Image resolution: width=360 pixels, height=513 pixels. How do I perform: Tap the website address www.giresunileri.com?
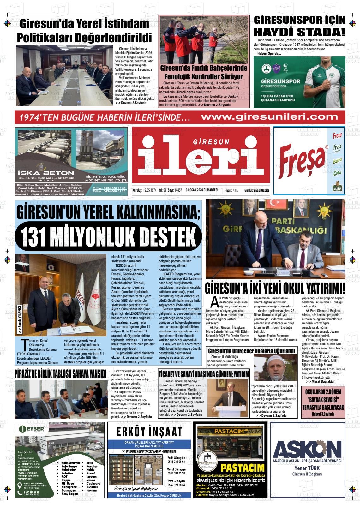(269, 117)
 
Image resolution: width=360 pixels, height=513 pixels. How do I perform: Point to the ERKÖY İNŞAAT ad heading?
(149, 432)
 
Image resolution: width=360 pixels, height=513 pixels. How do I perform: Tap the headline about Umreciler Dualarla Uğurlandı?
(251, 351)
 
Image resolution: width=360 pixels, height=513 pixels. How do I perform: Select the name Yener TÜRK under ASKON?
(307, 468)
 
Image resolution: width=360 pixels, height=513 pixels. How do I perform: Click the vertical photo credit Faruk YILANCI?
(20, 319)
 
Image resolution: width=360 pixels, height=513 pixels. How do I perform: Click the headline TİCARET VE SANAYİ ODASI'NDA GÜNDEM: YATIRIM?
(204, 374)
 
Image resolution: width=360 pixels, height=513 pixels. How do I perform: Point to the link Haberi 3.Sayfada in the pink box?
(323, 414)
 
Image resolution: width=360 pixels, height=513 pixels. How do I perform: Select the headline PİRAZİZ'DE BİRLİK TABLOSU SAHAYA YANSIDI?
(60, 374)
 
